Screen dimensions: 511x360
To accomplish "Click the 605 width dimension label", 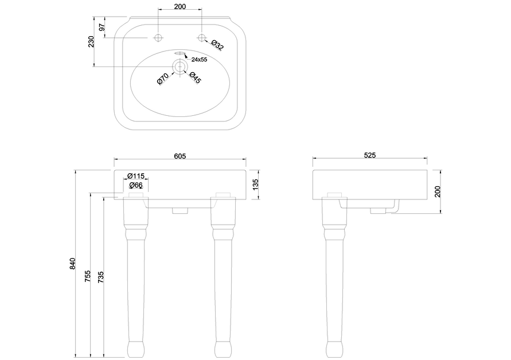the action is [x=180, y=156].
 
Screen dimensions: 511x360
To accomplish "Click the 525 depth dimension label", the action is [x=369, y=155].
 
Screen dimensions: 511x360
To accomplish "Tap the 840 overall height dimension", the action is [x=72, y=264].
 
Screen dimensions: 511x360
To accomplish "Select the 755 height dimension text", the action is [x=88, y=276].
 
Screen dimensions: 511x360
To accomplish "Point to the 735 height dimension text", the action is [x=101, y=277].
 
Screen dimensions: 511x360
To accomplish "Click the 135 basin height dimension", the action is [x=256, y=185].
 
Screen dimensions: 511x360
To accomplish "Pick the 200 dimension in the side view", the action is [x=438, y=191].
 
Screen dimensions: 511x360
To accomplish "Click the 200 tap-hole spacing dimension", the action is [x=180, y=6].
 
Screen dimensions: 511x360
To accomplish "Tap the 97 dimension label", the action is [x=102, y=28].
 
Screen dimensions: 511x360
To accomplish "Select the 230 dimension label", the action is [x=91, y=42].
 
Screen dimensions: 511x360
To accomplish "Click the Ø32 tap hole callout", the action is [x=217, y=45].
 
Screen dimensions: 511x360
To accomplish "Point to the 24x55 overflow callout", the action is [x=199, y=60].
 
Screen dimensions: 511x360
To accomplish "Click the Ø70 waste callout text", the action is [x=163, y=79].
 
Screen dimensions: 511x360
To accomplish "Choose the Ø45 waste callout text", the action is [x=195, y=78].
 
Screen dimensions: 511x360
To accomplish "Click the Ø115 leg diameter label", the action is [x=135, y=176].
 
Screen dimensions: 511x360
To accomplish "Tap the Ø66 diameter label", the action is [x=136, y=185].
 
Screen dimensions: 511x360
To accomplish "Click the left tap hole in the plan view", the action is [x=158, y=38].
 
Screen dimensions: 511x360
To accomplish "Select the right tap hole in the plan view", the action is [x=202, y=38].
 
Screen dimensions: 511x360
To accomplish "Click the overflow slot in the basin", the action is [x=180, y=53].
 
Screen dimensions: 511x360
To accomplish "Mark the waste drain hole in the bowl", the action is [x=180, y=66].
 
